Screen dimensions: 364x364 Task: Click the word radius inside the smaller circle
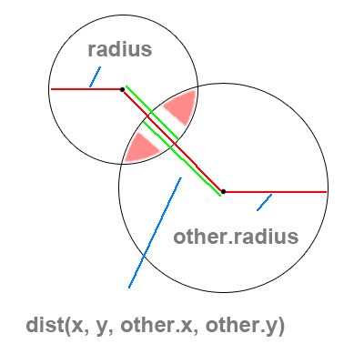[120, 49]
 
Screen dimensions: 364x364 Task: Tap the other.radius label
[236, 237]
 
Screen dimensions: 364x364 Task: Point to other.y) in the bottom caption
[245, 326]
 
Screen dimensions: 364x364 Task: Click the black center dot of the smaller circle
[122, 89]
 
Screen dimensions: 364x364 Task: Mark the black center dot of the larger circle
[223, 191]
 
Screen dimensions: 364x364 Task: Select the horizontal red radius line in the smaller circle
[86, 89]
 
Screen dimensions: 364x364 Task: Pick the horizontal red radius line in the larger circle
[276, 192]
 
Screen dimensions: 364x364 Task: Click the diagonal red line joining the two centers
[173, 141]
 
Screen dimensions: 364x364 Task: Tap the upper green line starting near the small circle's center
[152, 113]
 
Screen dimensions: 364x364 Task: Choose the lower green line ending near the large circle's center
[182, 158]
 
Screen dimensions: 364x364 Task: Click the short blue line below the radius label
[95, 76]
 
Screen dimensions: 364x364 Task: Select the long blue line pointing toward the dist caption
[155, 233]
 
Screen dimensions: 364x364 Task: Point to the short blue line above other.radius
[264, 202]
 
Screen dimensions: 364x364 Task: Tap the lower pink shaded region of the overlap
[141, 147]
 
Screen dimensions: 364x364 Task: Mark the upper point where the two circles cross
[197, 87]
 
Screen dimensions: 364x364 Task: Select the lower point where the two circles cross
[122, 164]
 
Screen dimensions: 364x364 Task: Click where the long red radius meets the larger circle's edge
[328, 192]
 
